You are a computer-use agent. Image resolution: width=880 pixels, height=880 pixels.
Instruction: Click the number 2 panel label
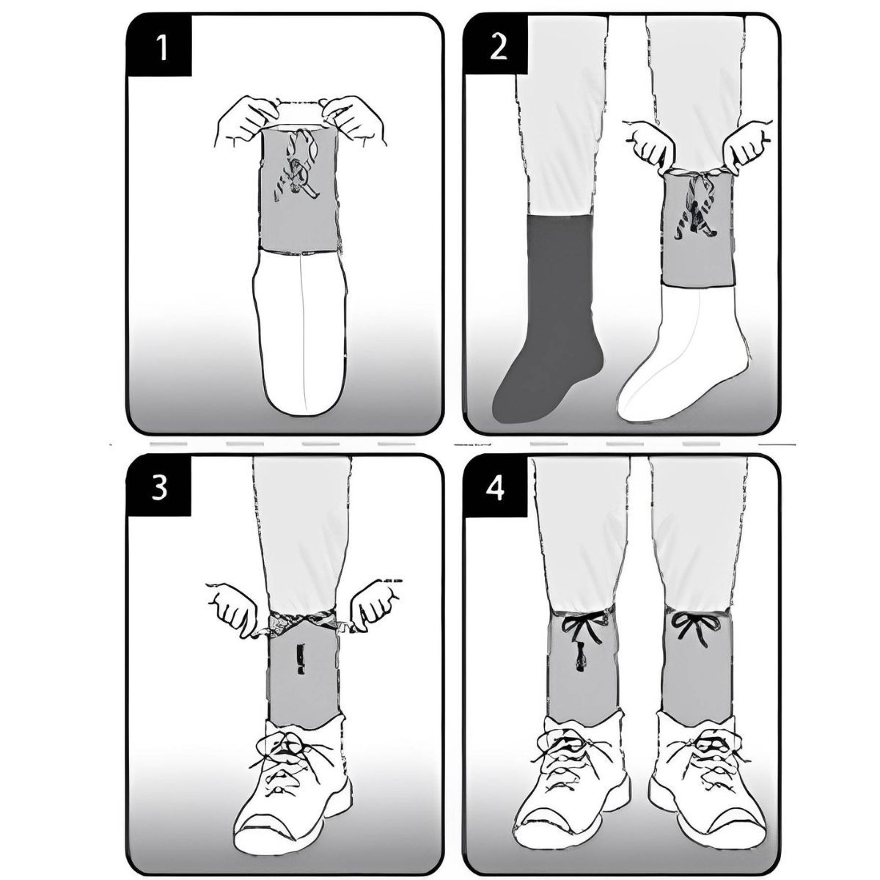coord(499,47)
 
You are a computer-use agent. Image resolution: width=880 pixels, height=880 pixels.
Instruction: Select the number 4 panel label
coord(496,488)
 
